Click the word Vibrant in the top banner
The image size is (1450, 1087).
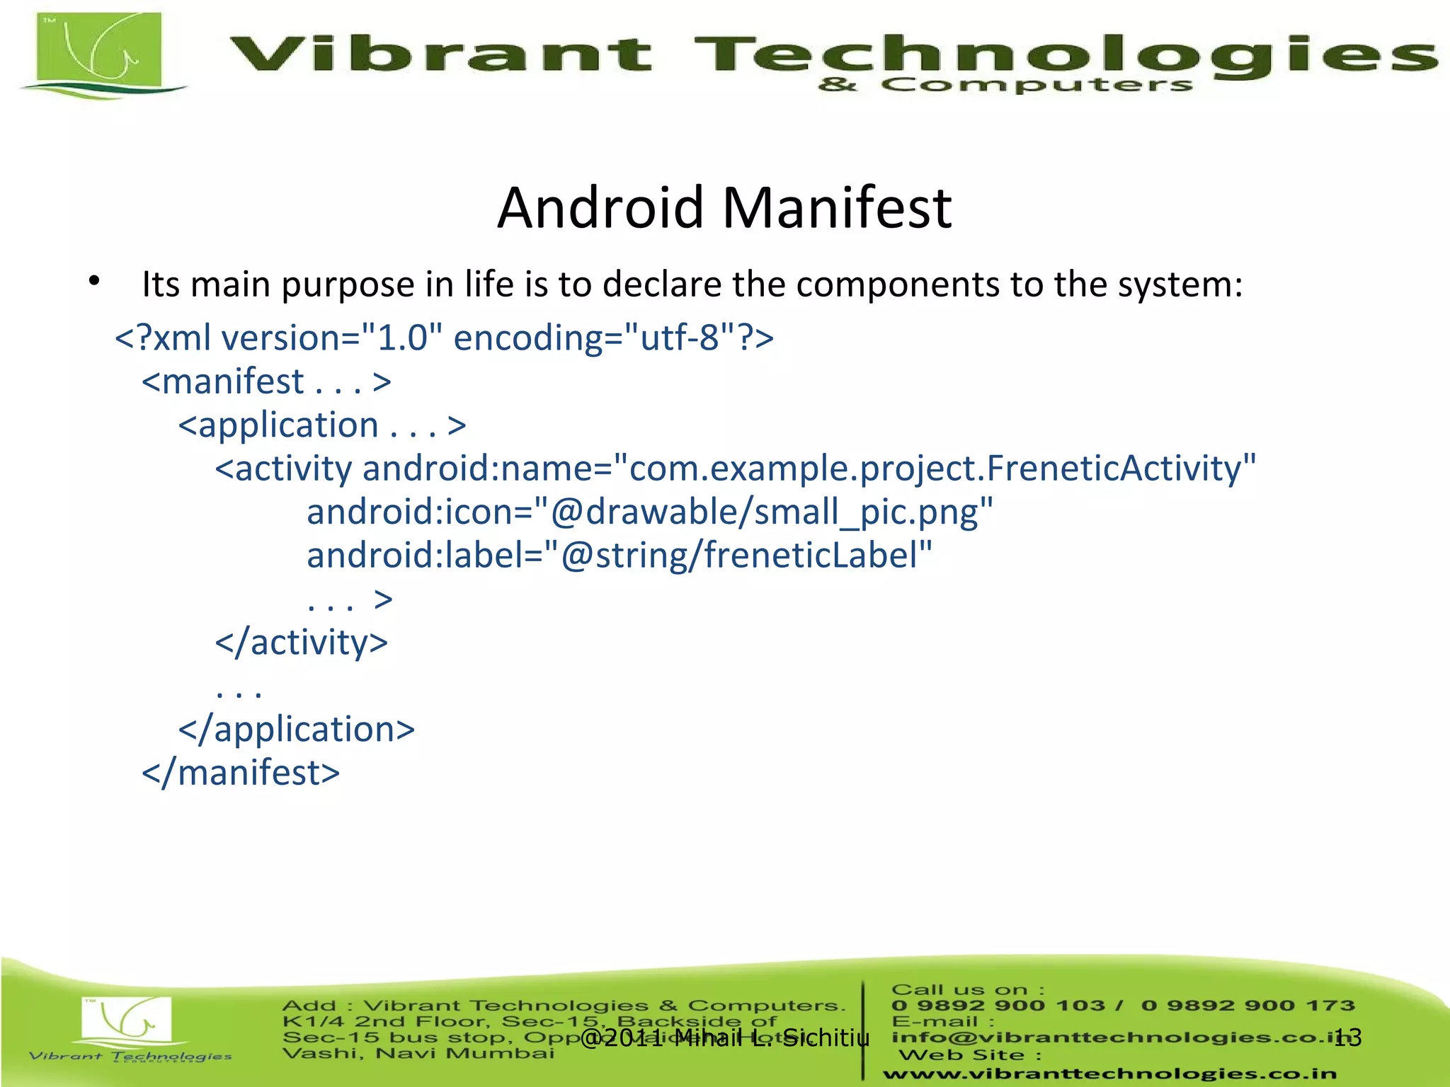point(440,54)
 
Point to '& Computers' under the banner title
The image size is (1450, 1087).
point(1005,86)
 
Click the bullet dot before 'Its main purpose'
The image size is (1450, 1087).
point(94,282)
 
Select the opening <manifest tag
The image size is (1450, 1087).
point(224,382)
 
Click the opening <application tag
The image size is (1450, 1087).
point(279,425)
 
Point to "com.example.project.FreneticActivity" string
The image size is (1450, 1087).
point(935,468)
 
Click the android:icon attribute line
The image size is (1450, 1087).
point(649,512)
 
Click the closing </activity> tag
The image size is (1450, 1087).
point(302,643)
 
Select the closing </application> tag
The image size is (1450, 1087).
point(297,730)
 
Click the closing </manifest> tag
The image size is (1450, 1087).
point(241,773)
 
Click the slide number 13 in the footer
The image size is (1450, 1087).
point(1347,1037)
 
